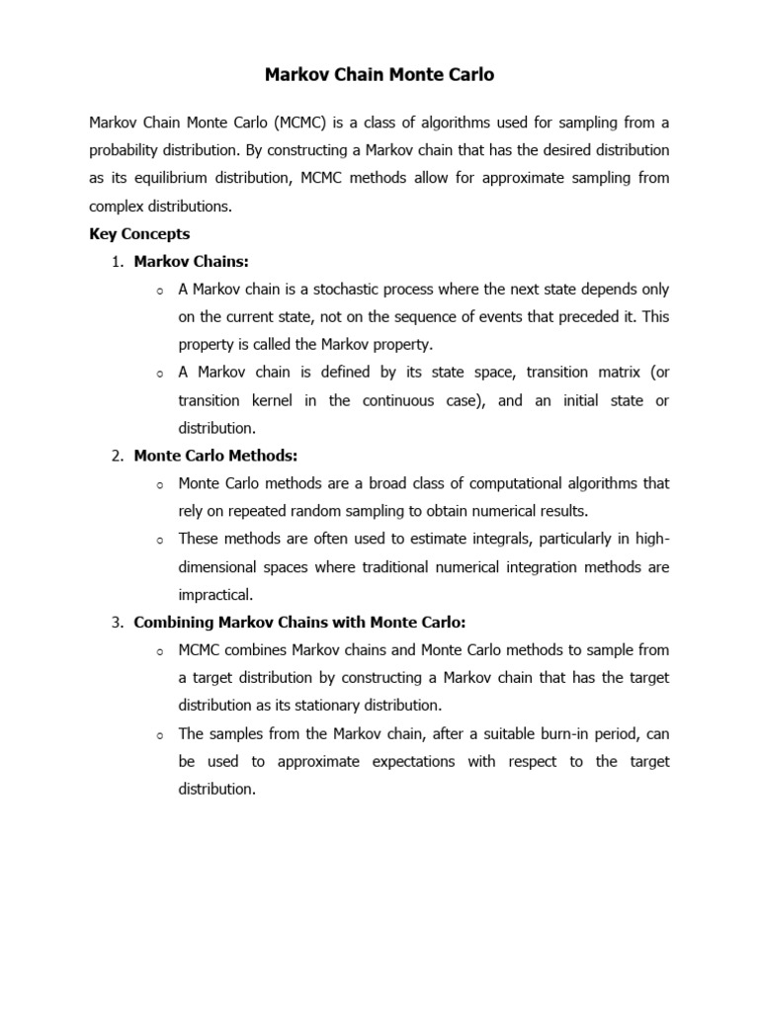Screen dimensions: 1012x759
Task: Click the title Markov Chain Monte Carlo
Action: click(379, 75)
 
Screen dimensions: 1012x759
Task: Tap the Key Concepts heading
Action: click(139, 234)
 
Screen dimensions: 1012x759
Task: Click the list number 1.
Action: click(117, 262)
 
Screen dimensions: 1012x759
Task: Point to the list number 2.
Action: click(117, 456)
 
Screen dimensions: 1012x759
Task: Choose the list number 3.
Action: click(117, 623)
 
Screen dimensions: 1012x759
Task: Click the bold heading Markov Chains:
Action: click(192, 262)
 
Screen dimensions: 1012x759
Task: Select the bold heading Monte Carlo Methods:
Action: click(215, 456)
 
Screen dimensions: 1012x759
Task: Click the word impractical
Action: click(215, 595)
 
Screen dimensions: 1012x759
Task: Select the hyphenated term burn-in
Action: click(534, 733)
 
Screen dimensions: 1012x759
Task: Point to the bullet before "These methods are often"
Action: click(158, 540)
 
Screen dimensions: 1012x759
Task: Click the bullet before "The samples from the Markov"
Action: click(158, 734)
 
